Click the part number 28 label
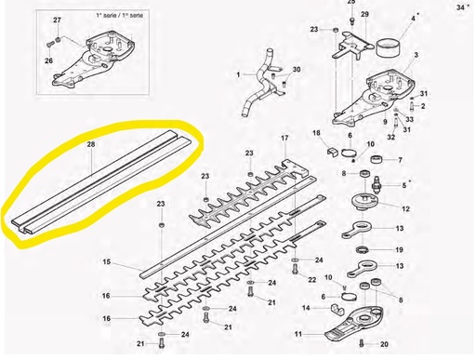(x=91, y=145)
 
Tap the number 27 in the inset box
(x=57, y=20)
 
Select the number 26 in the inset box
(x=49, y=61)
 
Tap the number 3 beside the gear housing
(x=416, y=57)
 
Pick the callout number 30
(x=297, y=71)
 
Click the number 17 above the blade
(x=284, y=139)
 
